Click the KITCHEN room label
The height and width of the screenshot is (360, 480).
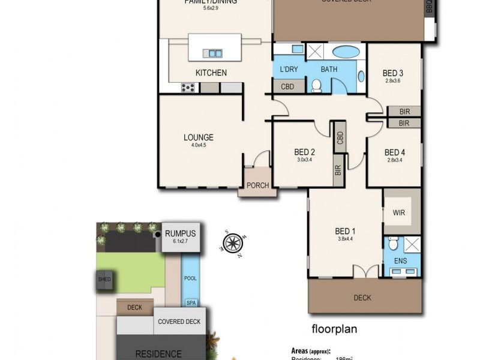pyautogui.click(x=211, y=73)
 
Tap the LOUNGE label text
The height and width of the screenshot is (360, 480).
pyautogui.click(x=198, y=137)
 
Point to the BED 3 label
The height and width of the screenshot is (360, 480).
pyautogui.click(x=393, y=74)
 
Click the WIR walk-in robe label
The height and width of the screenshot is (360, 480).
pyautogui.click(x=399, y=212)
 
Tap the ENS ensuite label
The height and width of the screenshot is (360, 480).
pyautogui.click(x=399, y=262)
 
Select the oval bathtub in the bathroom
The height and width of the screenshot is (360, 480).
pyautogui.click(x=344, y=52)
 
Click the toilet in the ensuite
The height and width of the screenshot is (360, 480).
pyautogui.click(x=392, y=244)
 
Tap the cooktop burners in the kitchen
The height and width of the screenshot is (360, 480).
pyautogui.click(x=188, y=88)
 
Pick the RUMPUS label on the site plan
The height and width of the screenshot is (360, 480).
pyautogui.click(x=181, y=234)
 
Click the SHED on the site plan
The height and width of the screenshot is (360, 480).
pyautogui.click(x=104, y=279)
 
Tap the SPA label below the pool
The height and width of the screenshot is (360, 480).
pyautogui.click(x=190, y=302)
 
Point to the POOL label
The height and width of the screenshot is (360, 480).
pyautogui.click(x=190, y=278)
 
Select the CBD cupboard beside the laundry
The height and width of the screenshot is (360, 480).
pyautogui.click(x=287, y=86)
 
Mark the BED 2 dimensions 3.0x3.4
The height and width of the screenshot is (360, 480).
pyautogui.click(x=305, y=160)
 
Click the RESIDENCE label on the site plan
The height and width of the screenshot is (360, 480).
pyautogui.click(x=158, y=353)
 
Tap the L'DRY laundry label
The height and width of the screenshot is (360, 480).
pyautogui.click(x=289, y=70)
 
